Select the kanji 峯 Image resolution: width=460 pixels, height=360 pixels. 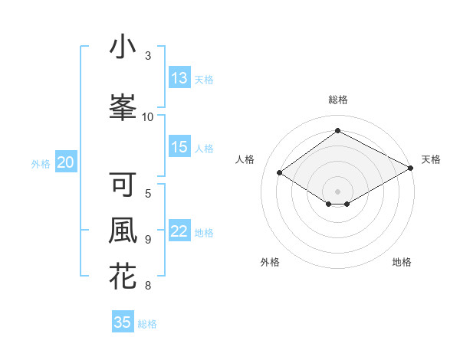(123, 107)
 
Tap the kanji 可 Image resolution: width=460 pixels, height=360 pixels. (123, 185)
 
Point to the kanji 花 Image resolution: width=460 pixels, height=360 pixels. (123, 276)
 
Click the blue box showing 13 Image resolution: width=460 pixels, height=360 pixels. (179, 78)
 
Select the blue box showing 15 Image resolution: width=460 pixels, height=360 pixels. (179, 148)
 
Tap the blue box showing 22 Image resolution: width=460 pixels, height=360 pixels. (179, 232)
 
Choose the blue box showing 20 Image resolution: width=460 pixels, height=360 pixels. (66, 162)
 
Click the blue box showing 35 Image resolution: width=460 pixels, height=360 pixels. (123, 322)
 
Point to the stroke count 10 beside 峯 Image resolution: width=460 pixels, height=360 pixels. (148, 116)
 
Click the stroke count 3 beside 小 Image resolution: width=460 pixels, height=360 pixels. (148, 56)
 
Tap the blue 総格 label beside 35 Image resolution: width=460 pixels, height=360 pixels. (147, 324)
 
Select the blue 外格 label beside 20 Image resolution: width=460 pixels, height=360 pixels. (41, 163)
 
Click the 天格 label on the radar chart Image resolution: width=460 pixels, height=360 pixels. (431, 159)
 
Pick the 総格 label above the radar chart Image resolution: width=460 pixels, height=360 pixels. (337, 100)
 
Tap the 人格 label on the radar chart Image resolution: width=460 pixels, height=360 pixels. (245, 159)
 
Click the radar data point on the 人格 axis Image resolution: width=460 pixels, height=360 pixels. (280, 173)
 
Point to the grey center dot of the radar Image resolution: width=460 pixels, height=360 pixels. (337, 190)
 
